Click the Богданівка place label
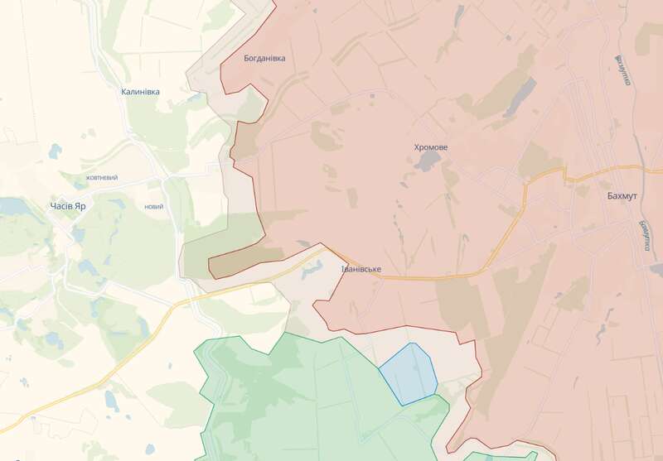(264, 59)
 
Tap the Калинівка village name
(140, 92)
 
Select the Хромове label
(431, 147)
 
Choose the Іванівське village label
(361, 270)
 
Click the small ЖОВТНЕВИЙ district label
(102, 178)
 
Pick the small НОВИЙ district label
(153, 207)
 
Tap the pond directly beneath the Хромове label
(428, 161)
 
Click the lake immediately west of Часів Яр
(12, 205)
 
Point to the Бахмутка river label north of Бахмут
(622, 71)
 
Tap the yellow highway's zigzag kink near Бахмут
(564, 173)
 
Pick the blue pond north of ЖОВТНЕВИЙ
(55, 151)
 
